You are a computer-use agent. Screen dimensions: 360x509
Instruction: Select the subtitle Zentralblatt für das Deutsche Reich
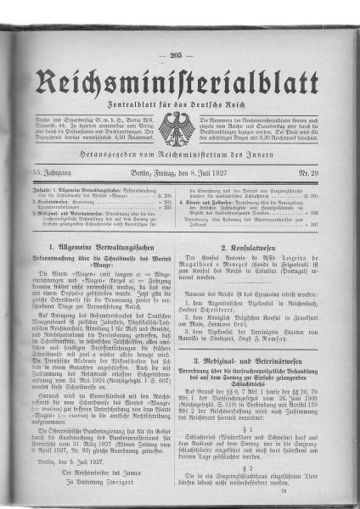pyautogui.click(x=176, y=104)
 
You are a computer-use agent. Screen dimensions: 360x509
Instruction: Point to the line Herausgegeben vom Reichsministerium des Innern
pyautogui.click(x=176, y=161)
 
